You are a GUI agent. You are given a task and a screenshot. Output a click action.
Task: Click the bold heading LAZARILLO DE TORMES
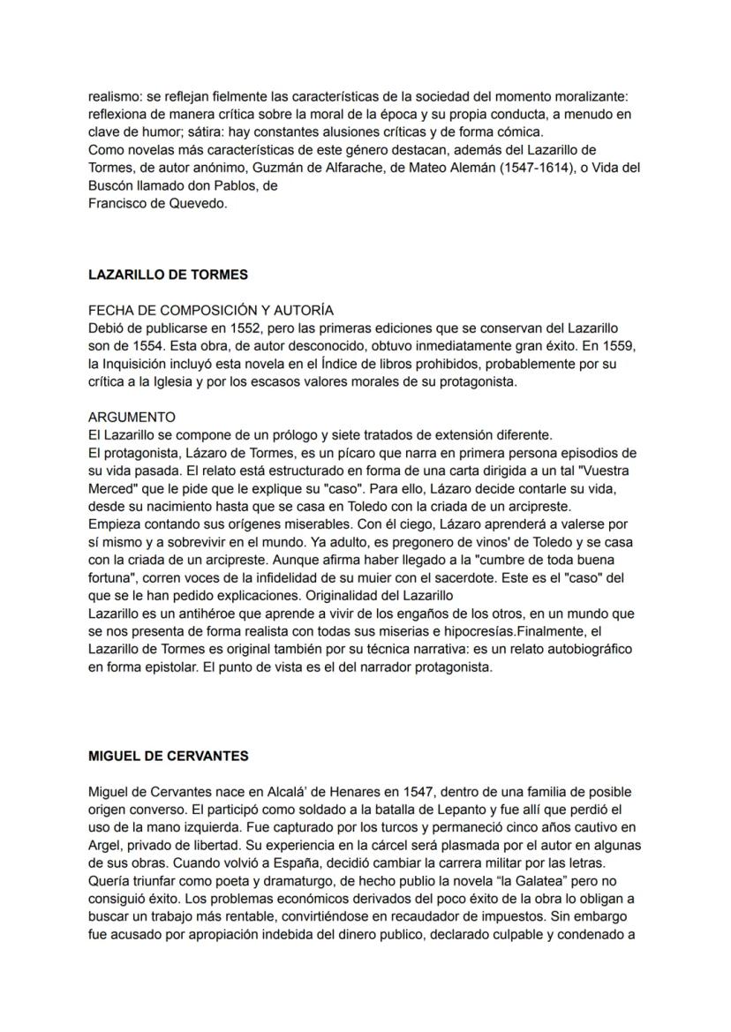coord(168,275)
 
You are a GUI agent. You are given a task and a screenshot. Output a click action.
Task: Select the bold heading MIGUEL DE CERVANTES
coord(168,756)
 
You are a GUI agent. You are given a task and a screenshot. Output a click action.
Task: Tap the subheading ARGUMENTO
coord(132,417)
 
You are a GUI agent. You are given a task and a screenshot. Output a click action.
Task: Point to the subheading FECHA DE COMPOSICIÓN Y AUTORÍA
coord(211,310)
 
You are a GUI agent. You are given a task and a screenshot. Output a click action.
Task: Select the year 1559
coord(615,345)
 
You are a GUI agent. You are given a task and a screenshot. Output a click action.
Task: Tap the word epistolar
coord(162,667)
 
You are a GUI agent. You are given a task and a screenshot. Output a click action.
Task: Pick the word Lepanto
coord(412,810)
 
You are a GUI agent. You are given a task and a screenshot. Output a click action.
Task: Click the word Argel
coord(105,845)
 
